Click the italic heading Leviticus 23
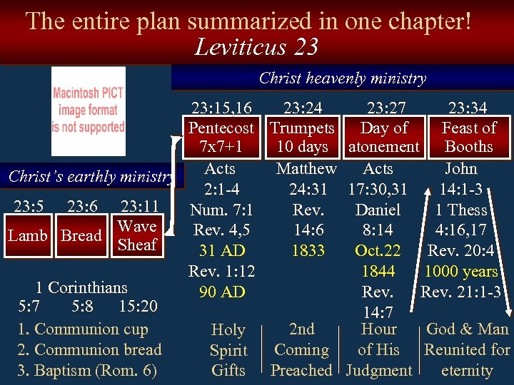click(x=256, y=47)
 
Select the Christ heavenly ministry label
click(x=342, y=78)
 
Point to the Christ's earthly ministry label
click(x=89, y=177)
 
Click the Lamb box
click(x=29, y=235)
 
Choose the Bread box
click(x=81, y=235)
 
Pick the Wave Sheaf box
click(x=137, y=235)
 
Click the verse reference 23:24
click(x=302, y=108)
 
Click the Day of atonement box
click(x=384, y=137)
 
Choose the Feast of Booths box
click(x=468, y=137)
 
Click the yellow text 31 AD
click(x=222, y=251)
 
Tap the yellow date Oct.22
click(x=378, y=251)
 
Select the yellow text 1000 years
click(x=461, y=272)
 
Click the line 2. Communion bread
click(x=89, y=349)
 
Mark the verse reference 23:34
click(x=468, y=108)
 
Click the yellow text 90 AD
click(x=222, y=292)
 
